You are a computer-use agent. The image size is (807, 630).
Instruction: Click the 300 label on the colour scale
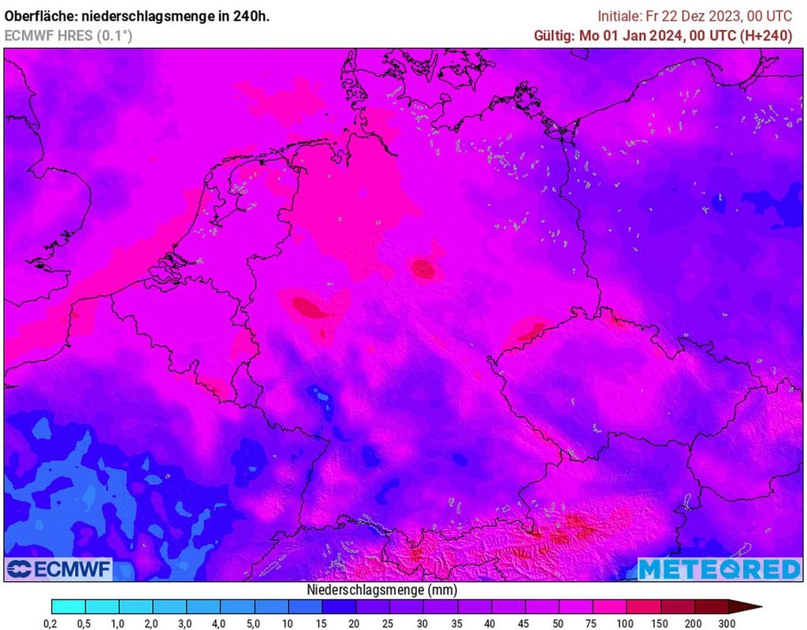point(727,624)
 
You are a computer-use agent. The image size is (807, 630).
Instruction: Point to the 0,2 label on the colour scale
point(51,624)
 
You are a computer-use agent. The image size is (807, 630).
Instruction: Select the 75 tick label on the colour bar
point(593,624)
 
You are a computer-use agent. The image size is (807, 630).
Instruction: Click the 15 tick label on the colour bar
point(322,624)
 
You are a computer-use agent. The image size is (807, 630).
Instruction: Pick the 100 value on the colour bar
point(626,624)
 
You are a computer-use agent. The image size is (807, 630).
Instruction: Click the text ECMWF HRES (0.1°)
point(69,35)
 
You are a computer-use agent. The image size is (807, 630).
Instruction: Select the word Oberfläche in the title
point(39,16)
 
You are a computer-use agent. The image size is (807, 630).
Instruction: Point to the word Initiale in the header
point(622,16)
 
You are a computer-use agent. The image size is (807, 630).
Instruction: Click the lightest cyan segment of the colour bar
point(68,606)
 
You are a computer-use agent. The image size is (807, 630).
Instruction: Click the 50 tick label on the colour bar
point(558,624)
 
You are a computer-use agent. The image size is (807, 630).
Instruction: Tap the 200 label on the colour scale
point(694,624)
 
